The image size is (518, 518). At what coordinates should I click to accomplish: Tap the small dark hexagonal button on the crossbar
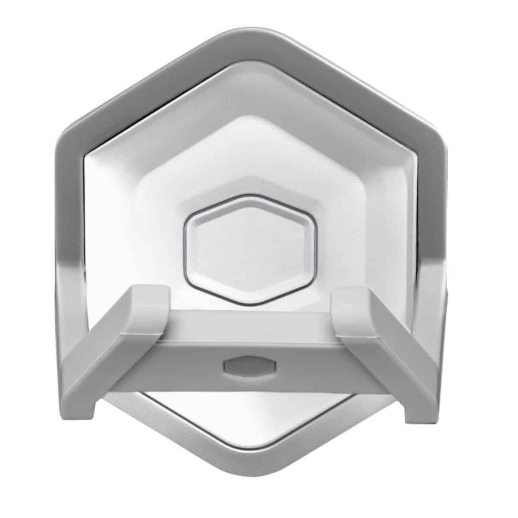click(x=249, y=366)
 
